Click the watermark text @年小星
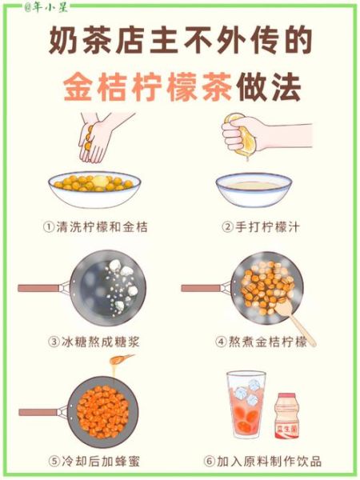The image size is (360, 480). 25,7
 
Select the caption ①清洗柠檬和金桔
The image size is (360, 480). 95,226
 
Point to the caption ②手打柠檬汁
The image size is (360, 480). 261,226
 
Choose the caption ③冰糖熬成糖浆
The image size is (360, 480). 95,342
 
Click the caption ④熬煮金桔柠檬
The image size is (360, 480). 261,342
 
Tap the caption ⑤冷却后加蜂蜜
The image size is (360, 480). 95,461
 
